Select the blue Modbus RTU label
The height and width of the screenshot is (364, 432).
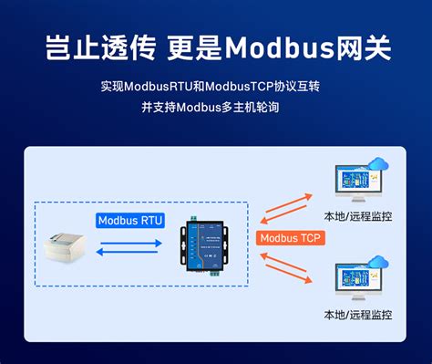click(129, 221)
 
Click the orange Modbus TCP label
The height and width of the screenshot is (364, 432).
click(289, 239)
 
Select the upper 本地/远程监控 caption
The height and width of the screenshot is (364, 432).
click(358, 216)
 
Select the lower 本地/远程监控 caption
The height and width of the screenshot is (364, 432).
click(358, 315)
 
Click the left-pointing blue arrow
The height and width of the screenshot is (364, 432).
click(132, 256)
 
